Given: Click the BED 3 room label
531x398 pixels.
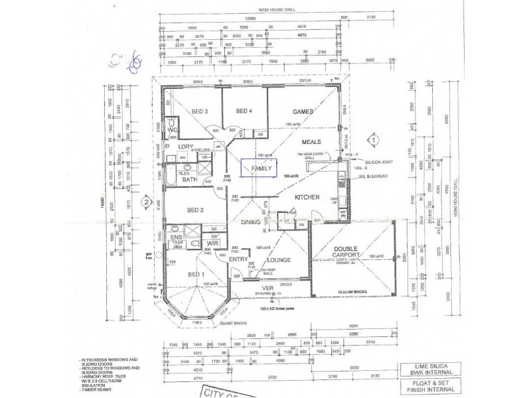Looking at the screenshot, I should (201, 111).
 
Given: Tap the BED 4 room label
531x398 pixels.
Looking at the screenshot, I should (244, 111).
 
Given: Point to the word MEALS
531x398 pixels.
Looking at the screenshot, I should (311, 142).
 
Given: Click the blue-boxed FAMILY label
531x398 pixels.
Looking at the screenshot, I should (262, 169).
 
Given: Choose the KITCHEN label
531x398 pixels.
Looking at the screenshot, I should (309, 198).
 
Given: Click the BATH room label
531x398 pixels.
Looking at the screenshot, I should (190, 179).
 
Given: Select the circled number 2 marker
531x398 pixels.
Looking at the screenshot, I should (144, 202).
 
